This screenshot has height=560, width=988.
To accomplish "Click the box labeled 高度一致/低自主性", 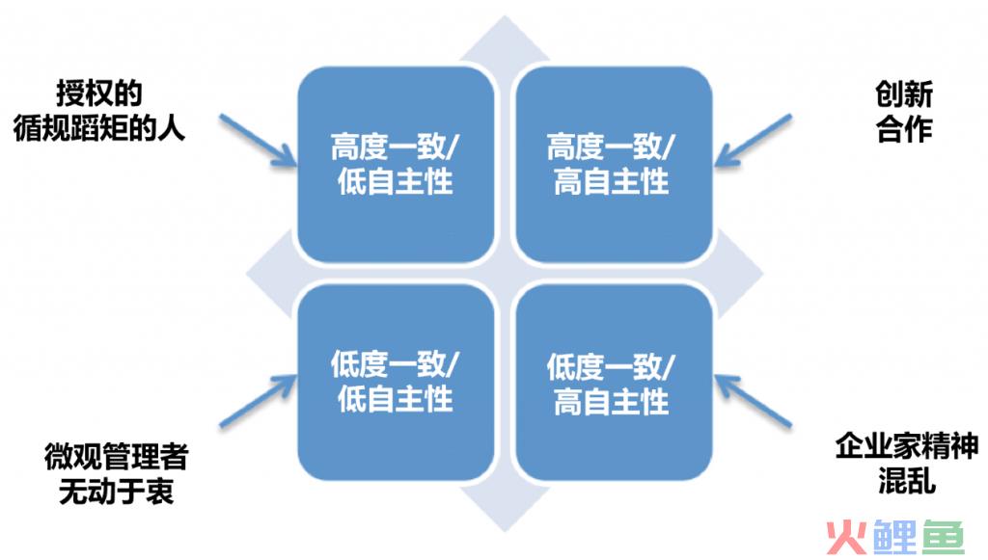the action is (395, 164).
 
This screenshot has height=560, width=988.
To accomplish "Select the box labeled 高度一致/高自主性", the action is (614, 164).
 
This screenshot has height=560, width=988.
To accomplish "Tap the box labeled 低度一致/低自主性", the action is (395, 382).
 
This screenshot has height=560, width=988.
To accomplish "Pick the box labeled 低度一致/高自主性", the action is (614, 382).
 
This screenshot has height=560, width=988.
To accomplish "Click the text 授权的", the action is (99, 93).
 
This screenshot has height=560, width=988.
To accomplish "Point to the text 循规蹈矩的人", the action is (99, 128).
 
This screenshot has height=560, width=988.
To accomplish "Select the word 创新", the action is (903, 94).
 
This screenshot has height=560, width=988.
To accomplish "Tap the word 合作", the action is (903, 129).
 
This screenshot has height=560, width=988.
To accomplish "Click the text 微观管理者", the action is (117, 456).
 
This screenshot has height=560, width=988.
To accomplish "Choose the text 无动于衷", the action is (117, 491).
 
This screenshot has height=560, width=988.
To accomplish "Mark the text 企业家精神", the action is (907, 446).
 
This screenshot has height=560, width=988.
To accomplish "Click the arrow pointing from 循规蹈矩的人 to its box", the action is (258, 141).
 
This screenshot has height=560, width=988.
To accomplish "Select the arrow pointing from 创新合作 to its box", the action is (753, 141).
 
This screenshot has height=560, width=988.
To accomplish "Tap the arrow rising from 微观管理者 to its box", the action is (258, 401).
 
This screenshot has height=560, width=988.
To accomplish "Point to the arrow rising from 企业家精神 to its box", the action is (753, 401).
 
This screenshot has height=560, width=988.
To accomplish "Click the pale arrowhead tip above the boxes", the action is (505, 16).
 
